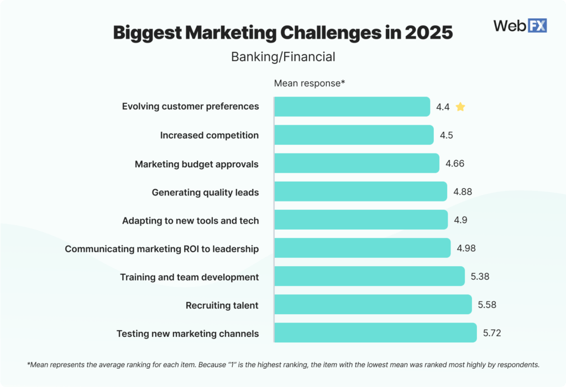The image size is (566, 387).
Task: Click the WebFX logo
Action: (x=520, y=25)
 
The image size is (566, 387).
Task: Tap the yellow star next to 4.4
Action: (x=460, y=107)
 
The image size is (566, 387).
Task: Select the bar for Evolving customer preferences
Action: (x=352, y=107)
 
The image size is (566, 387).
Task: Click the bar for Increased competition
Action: (x=354, y=135)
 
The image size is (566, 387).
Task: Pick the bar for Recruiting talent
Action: (x=373, y=305)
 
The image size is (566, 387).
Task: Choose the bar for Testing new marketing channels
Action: (x=375, y=333)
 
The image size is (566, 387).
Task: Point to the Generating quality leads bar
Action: (x=360, y=192)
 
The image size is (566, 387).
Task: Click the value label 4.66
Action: (x=455, y=163)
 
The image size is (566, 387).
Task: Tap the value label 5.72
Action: (x=492, y=333)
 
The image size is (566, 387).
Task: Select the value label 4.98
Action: (x=466, y=248)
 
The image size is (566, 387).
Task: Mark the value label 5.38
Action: (x=480, y=277)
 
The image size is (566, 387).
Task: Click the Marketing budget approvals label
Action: (x=196, y=164)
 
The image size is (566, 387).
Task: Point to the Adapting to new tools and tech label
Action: (x=190, y=221)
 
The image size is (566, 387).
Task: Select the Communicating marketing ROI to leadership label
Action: (x=161, y=249)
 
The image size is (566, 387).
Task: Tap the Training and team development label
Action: (x=189, y=277)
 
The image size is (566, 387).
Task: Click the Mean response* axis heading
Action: (x=310, y=83)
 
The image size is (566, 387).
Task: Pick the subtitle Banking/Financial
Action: (x=283, y=56)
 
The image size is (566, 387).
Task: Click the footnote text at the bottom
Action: (x=283, y=364)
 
